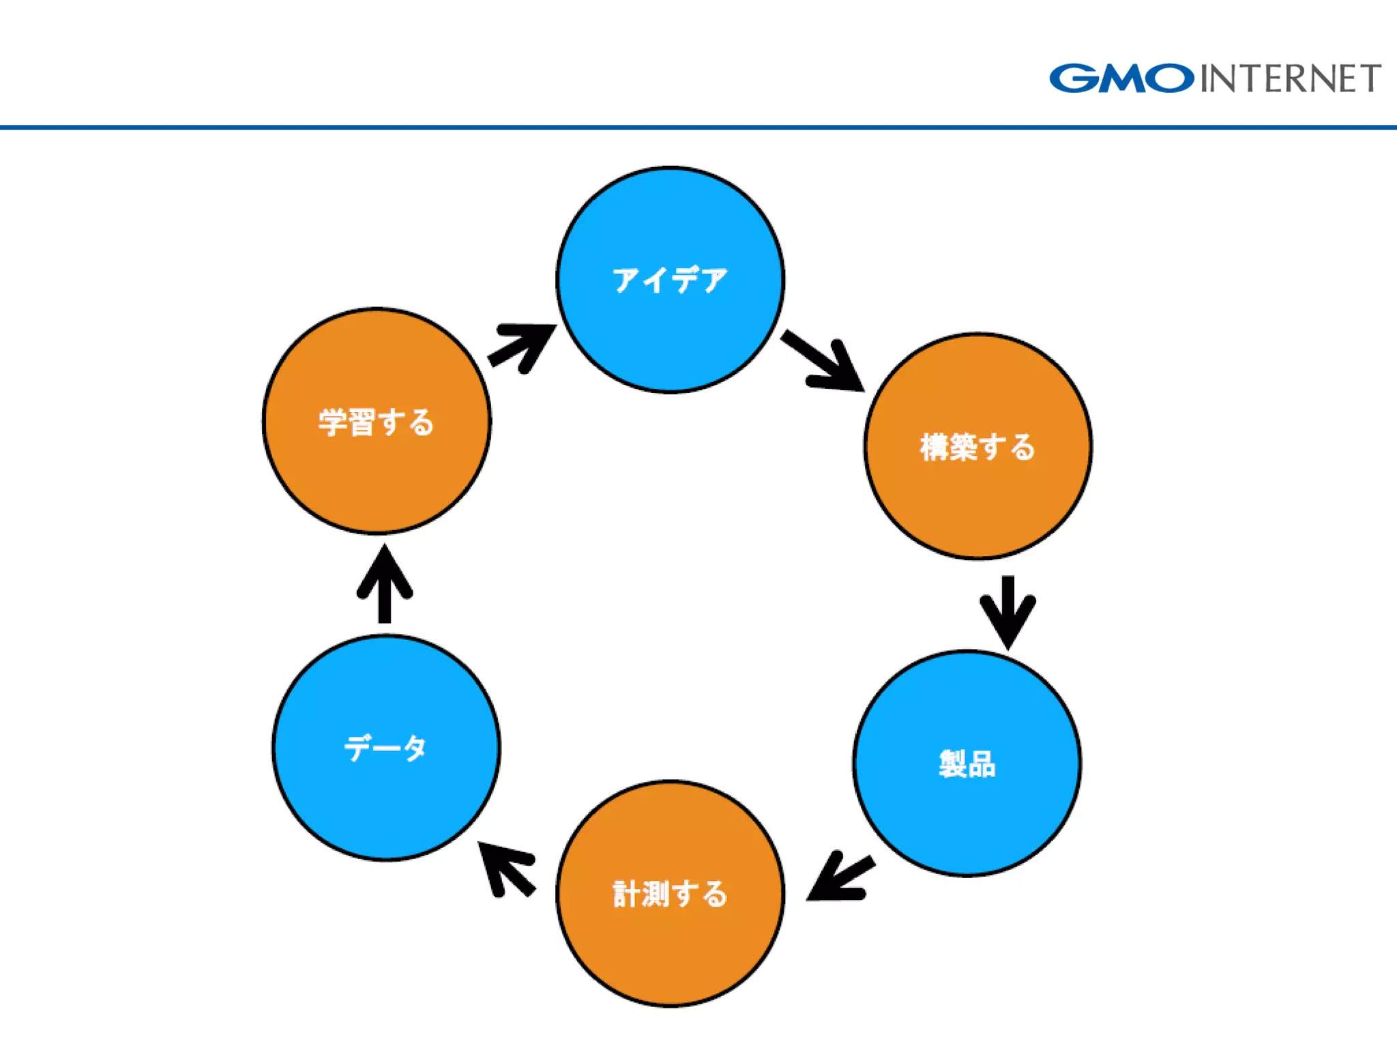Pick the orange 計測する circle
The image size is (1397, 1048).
pyautogui.click(x=670, y=948)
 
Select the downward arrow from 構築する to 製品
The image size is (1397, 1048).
pyautogui.click(x=1008, y=611)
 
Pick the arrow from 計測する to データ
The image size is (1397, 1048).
pyautogui.click(x=505, y=868)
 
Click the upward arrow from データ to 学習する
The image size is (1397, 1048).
pyautogui.click(x=385, y=584)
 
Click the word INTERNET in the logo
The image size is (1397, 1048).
pyautogui.click(x=1290, y=78)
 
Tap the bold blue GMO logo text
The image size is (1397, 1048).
pyautogui.click(x=1121, y=78)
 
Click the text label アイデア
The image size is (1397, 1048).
pyautogui.click(x=670, y=280)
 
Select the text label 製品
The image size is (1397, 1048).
pyautogui.click(x=967, y=763)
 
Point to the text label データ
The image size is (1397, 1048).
pyautogui.click(x=385, y=748)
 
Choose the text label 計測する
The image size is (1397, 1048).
pyautogui.click(x=670, y=894)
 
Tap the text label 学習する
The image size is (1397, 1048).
pyautogui.click(x=377, y=422)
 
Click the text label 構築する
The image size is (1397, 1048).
pyautogui.click(x=977, y=447)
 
